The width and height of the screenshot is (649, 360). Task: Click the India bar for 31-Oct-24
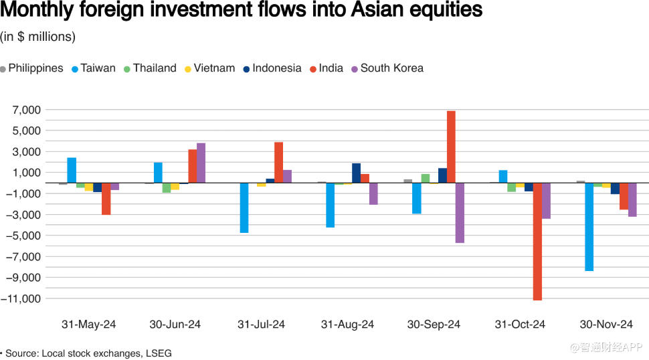[x=537, y=241]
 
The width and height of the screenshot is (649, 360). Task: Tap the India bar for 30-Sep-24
[x=451, y=147]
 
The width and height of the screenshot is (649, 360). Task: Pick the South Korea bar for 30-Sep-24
[x=460, y=212]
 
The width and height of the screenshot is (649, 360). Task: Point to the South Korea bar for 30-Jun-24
[x=201, y=163]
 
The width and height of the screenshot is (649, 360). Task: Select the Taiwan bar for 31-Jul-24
[x=244, y=207]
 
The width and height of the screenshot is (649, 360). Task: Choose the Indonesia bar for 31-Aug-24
[x=356, y=173]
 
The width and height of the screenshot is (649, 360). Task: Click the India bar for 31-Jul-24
[x=278, y=162]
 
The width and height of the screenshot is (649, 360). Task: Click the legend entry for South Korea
[x=391, y=68]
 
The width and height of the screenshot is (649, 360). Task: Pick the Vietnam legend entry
[x=213, y=68]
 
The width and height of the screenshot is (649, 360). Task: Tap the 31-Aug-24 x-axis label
[x=347, y=325]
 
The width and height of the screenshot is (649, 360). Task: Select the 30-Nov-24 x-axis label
[x=606, y=325]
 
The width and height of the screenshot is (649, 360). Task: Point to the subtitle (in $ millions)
[x=37, y=37]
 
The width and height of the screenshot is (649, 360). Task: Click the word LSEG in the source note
[x=158, y=353]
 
